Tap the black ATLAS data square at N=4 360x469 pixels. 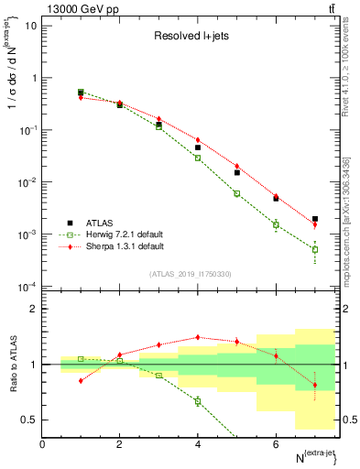click(x=198, y=147)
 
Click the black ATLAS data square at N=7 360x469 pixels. click(x=315, y=219)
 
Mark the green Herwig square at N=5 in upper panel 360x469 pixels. click(x=236, y=193)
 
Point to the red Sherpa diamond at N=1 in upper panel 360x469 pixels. click(x=81, y=97)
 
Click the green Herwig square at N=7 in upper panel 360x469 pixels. click(x=315, y=249)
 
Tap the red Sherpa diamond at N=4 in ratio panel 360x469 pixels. click(x=198, y=337)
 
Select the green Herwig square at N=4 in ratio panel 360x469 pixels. click(x=198, y=401)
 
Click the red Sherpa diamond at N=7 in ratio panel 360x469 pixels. click(x=315, y=385)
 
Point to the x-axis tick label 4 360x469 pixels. click(x=198, y=444)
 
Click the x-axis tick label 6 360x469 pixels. click(x=276, y=444)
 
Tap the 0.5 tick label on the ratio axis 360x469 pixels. click(x=29, y=420)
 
